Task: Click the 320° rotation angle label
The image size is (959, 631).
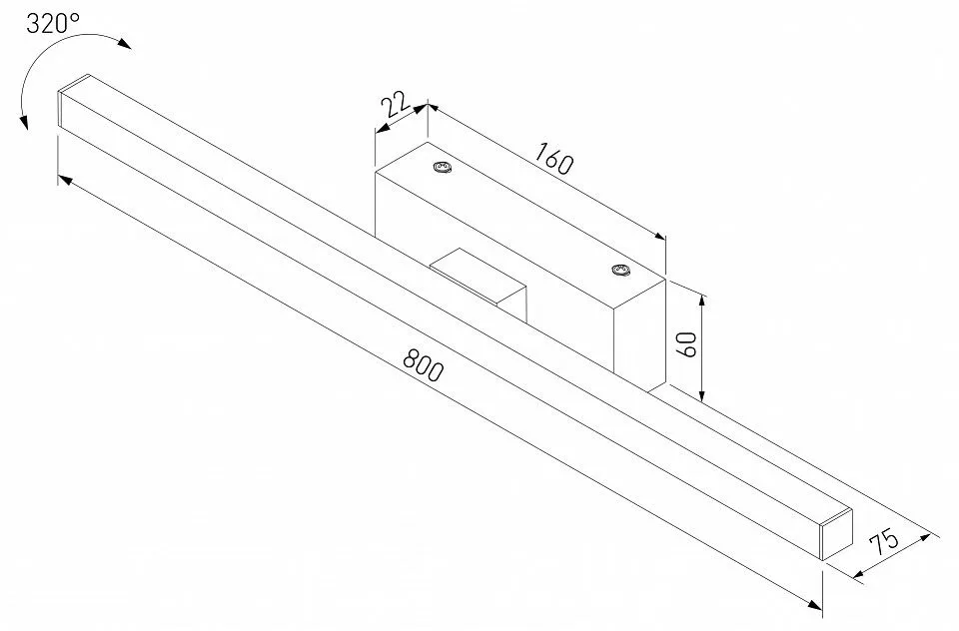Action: click(53, 23)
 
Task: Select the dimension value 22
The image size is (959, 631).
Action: click(396, 105)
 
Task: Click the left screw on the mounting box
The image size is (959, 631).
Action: click(442, 168)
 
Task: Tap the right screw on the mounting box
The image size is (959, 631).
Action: click(620, 271)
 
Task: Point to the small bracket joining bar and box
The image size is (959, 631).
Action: click(479, 282)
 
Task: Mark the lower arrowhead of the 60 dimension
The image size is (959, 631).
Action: click(702, 394)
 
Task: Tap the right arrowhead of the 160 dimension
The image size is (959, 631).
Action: click(658, 236)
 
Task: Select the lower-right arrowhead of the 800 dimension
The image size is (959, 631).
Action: click(815, 605)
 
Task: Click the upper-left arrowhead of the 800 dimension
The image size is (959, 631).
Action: click(66, 179)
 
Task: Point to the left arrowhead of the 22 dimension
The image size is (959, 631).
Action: click(383, 129)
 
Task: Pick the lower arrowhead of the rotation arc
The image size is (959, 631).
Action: click(24, 122)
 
